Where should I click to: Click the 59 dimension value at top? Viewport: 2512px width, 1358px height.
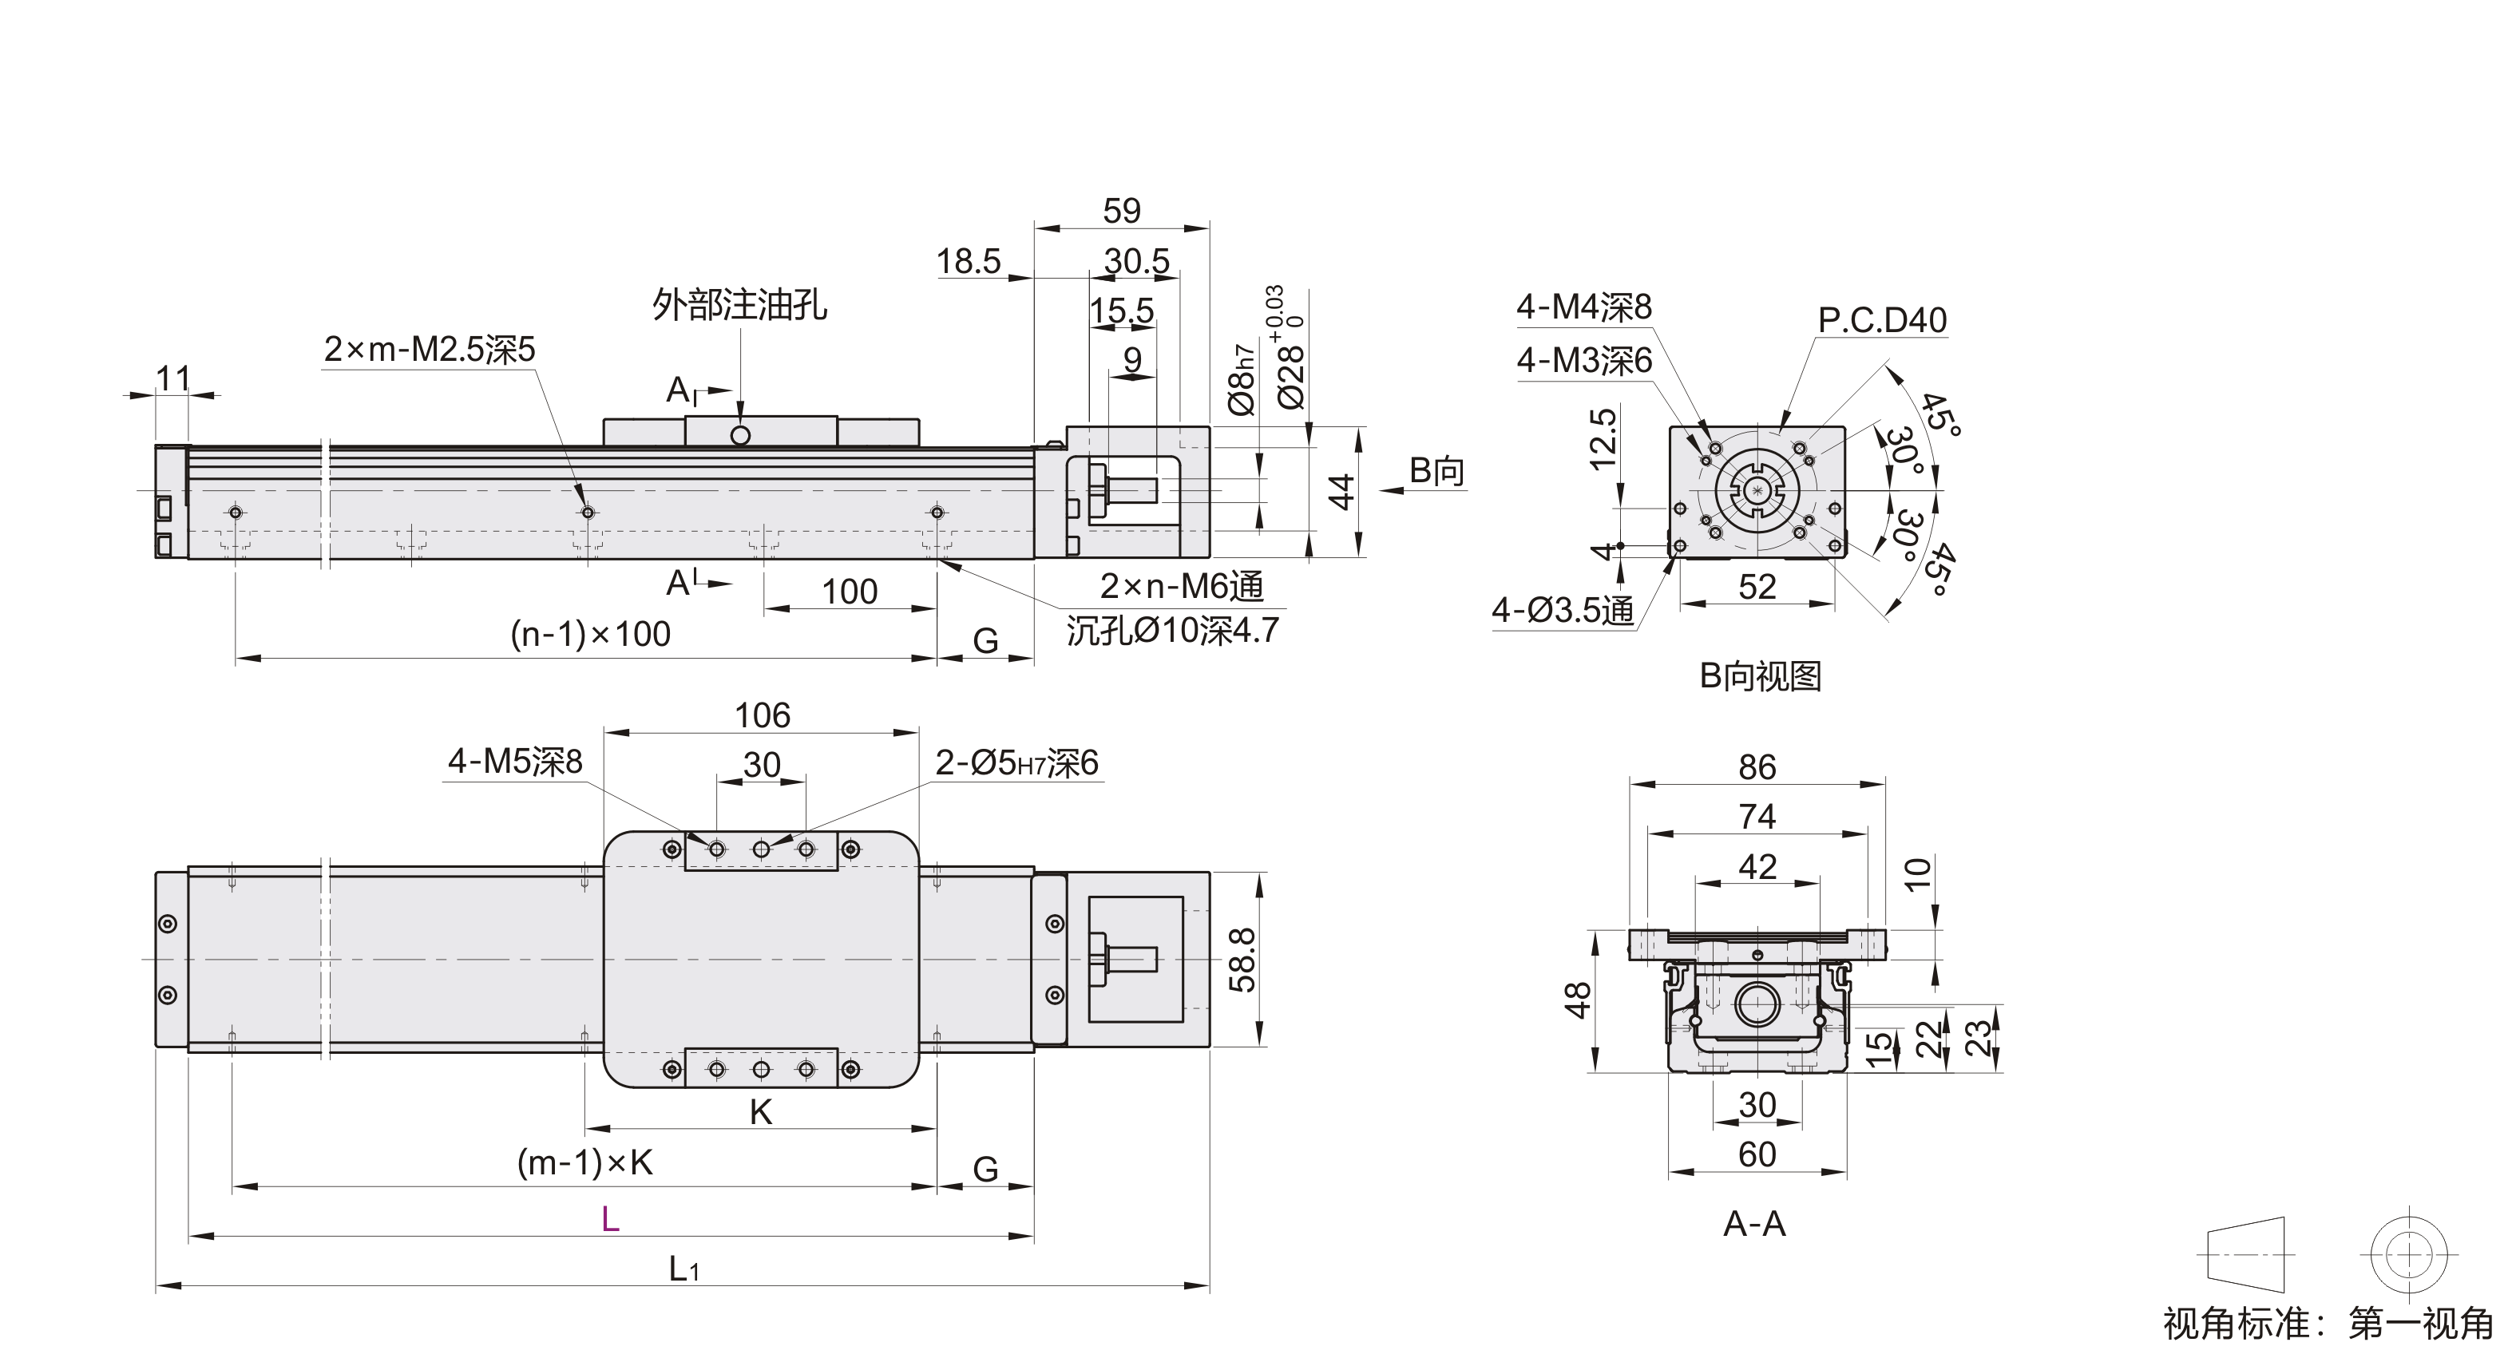[1121, 211]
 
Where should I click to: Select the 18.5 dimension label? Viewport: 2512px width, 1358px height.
[969, 261]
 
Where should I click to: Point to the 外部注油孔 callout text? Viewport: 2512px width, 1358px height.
[739, 305]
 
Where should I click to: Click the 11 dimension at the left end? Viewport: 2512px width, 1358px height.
[172, 378]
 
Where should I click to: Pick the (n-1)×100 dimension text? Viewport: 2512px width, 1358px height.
[591, 635]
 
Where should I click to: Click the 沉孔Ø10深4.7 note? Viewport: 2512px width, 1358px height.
[1172, 631]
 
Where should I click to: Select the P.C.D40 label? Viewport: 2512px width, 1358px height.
[1882, 320]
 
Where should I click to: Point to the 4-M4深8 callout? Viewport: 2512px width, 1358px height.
[1583, 307]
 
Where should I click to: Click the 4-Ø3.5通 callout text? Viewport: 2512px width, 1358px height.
[1562, 610]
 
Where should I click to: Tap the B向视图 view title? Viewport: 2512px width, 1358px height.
[1760, 675]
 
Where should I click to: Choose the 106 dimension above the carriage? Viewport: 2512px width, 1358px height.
[762, 715]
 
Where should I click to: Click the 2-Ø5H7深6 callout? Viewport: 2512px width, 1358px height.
[1016, 762]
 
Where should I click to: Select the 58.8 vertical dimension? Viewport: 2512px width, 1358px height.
[1242, 960]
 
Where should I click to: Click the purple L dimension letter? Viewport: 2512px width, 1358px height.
[611, 1218]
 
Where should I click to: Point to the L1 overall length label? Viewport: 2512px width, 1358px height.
[683, 1269]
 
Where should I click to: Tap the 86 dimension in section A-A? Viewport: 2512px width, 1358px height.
[1757, 767]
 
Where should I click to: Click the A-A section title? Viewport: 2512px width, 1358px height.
[1754, 1223]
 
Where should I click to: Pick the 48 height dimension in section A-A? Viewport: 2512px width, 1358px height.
[1578, 1001]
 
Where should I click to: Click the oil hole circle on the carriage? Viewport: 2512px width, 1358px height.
[740, 435]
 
